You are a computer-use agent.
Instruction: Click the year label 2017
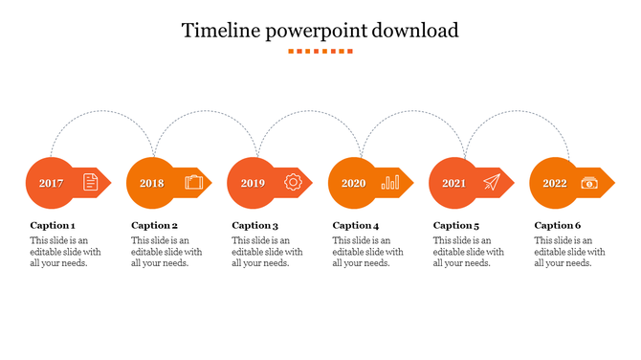(x=52, y=183)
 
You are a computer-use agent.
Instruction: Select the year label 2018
(x=152, y=183)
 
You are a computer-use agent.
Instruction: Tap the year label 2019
(x=253, y=183)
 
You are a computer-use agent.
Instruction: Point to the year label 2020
(x=353, y=183)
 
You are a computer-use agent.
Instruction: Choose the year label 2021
(x=453, y=183)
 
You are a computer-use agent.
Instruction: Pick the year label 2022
(x=555, y=183)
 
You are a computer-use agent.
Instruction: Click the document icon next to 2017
(x=90, y=182)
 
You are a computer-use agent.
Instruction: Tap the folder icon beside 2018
(x=193, y=182)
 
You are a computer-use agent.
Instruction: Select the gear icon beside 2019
(x=293, y=182)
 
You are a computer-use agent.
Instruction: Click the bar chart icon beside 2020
(x=390, y=182)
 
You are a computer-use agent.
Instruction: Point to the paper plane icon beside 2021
(x=492, y=182)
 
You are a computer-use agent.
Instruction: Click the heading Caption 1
(x=53, y=226)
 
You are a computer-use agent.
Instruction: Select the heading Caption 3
(x=254, y=226)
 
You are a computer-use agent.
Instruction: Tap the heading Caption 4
(x=356, y=226)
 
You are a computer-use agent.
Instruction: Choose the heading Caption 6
(x=558, y=226)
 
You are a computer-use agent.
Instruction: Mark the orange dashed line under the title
(x=320, y=51)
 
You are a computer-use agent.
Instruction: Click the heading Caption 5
(x=456, y=226)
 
